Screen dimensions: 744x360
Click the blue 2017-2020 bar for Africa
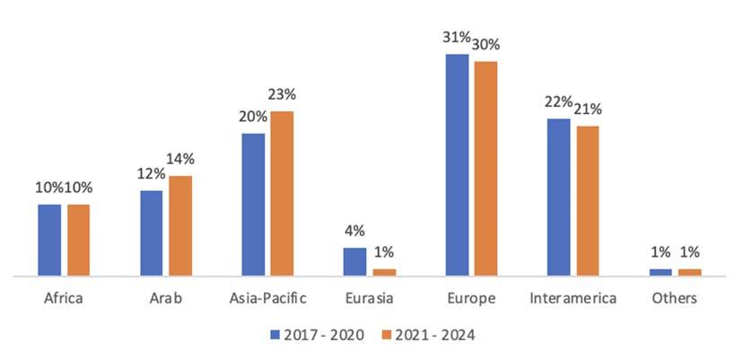49,240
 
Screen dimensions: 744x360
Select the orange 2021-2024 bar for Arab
180,225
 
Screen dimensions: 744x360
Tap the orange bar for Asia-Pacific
282,193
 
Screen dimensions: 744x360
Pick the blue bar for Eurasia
354,261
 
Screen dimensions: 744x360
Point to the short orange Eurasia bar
384,272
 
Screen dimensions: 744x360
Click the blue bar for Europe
457,165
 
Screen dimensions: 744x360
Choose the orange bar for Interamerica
588,201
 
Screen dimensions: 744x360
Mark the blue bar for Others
661,272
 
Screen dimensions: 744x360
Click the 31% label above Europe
456,37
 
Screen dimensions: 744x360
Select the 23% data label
283,94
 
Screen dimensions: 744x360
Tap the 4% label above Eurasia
354,232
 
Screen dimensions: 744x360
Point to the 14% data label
181,159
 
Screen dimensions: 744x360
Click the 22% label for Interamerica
557,102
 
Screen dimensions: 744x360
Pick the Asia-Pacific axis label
268,299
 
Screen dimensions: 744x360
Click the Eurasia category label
369,299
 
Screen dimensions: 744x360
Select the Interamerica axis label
573,299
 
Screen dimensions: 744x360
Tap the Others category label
675,299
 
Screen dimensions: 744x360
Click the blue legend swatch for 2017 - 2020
275,335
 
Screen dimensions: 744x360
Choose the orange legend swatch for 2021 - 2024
386,335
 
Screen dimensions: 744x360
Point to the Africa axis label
64,299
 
